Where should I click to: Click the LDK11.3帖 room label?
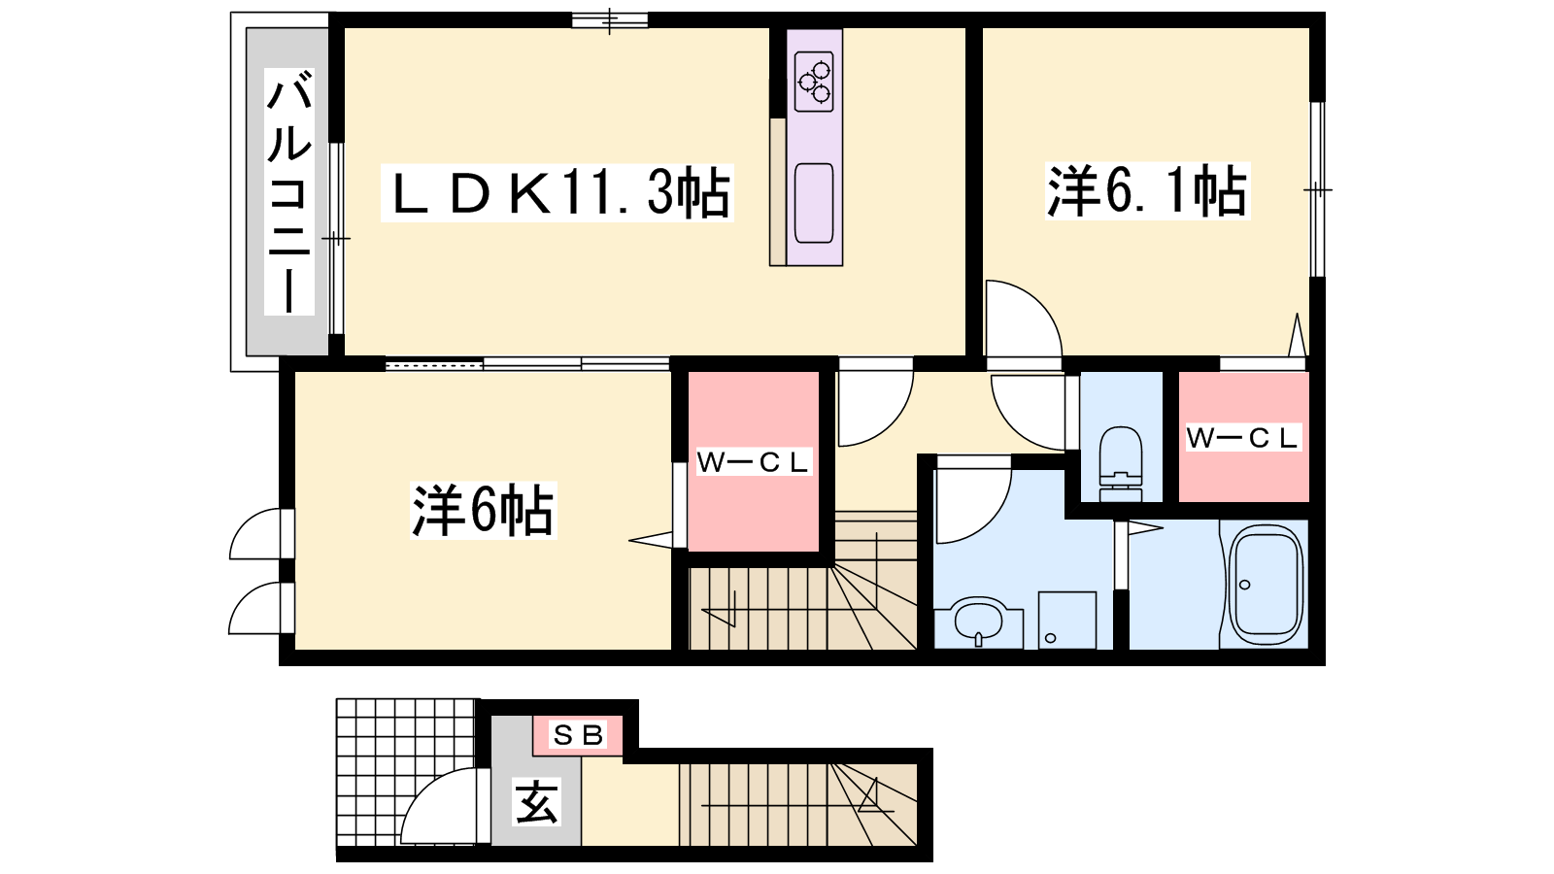coord(557,193)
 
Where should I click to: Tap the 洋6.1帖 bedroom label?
coord(1147,190)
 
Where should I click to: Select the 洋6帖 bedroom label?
coord(484,510)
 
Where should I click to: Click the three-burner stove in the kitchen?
coord(814,82)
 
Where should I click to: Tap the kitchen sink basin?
coord(814,203)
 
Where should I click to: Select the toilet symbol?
coord(1121,463)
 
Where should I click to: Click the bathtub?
coord(1264,585)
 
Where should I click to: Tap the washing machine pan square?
coord(1067,621)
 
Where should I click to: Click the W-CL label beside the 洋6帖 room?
coord(753,462)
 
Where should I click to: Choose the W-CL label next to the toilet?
coord(1242,438)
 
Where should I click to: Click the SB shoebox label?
coord(578,734)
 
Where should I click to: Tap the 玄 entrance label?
coord(536,802)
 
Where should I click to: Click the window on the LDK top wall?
coord(610,20)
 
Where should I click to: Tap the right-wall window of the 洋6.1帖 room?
coord(1317,190)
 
